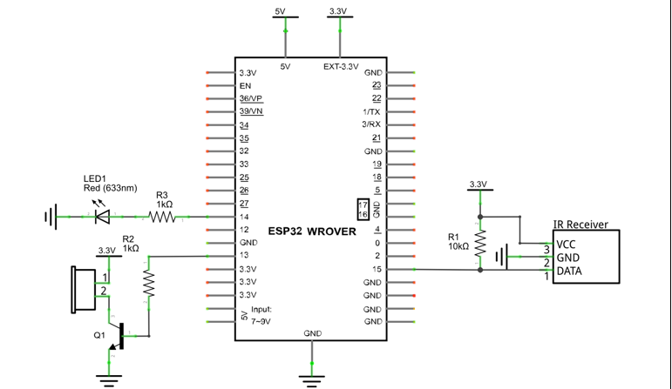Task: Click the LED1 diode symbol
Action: tap(103, 217)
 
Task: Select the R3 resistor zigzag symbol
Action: tap(162, 218)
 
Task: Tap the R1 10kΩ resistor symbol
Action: tap(480, 243)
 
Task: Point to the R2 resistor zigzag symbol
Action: tap(149, 284)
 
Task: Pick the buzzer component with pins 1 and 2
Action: tap(84, 290)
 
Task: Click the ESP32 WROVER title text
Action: tap(312, 231)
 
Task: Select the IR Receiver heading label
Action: tap(580, 225)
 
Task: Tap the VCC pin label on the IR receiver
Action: tap(566, 245)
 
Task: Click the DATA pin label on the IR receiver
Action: tap(569, 271)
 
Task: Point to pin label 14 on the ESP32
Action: tap(244, 217)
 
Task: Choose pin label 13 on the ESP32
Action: tap(244, 255)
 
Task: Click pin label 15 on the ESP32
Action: tap(377, 269)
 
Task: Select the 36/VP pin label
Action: tap(251, 98)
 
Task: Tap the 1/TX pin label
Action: tap(371, 112)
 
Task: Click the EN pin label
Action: tap(245, 86)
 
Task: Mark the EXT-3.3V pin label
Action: tap(341, 67)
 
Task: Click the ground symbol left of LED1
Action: tap(51, 217)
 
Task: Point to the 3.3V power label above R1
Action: tap(479, 184)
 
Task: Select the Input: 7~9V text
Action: tap(261, 315)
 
